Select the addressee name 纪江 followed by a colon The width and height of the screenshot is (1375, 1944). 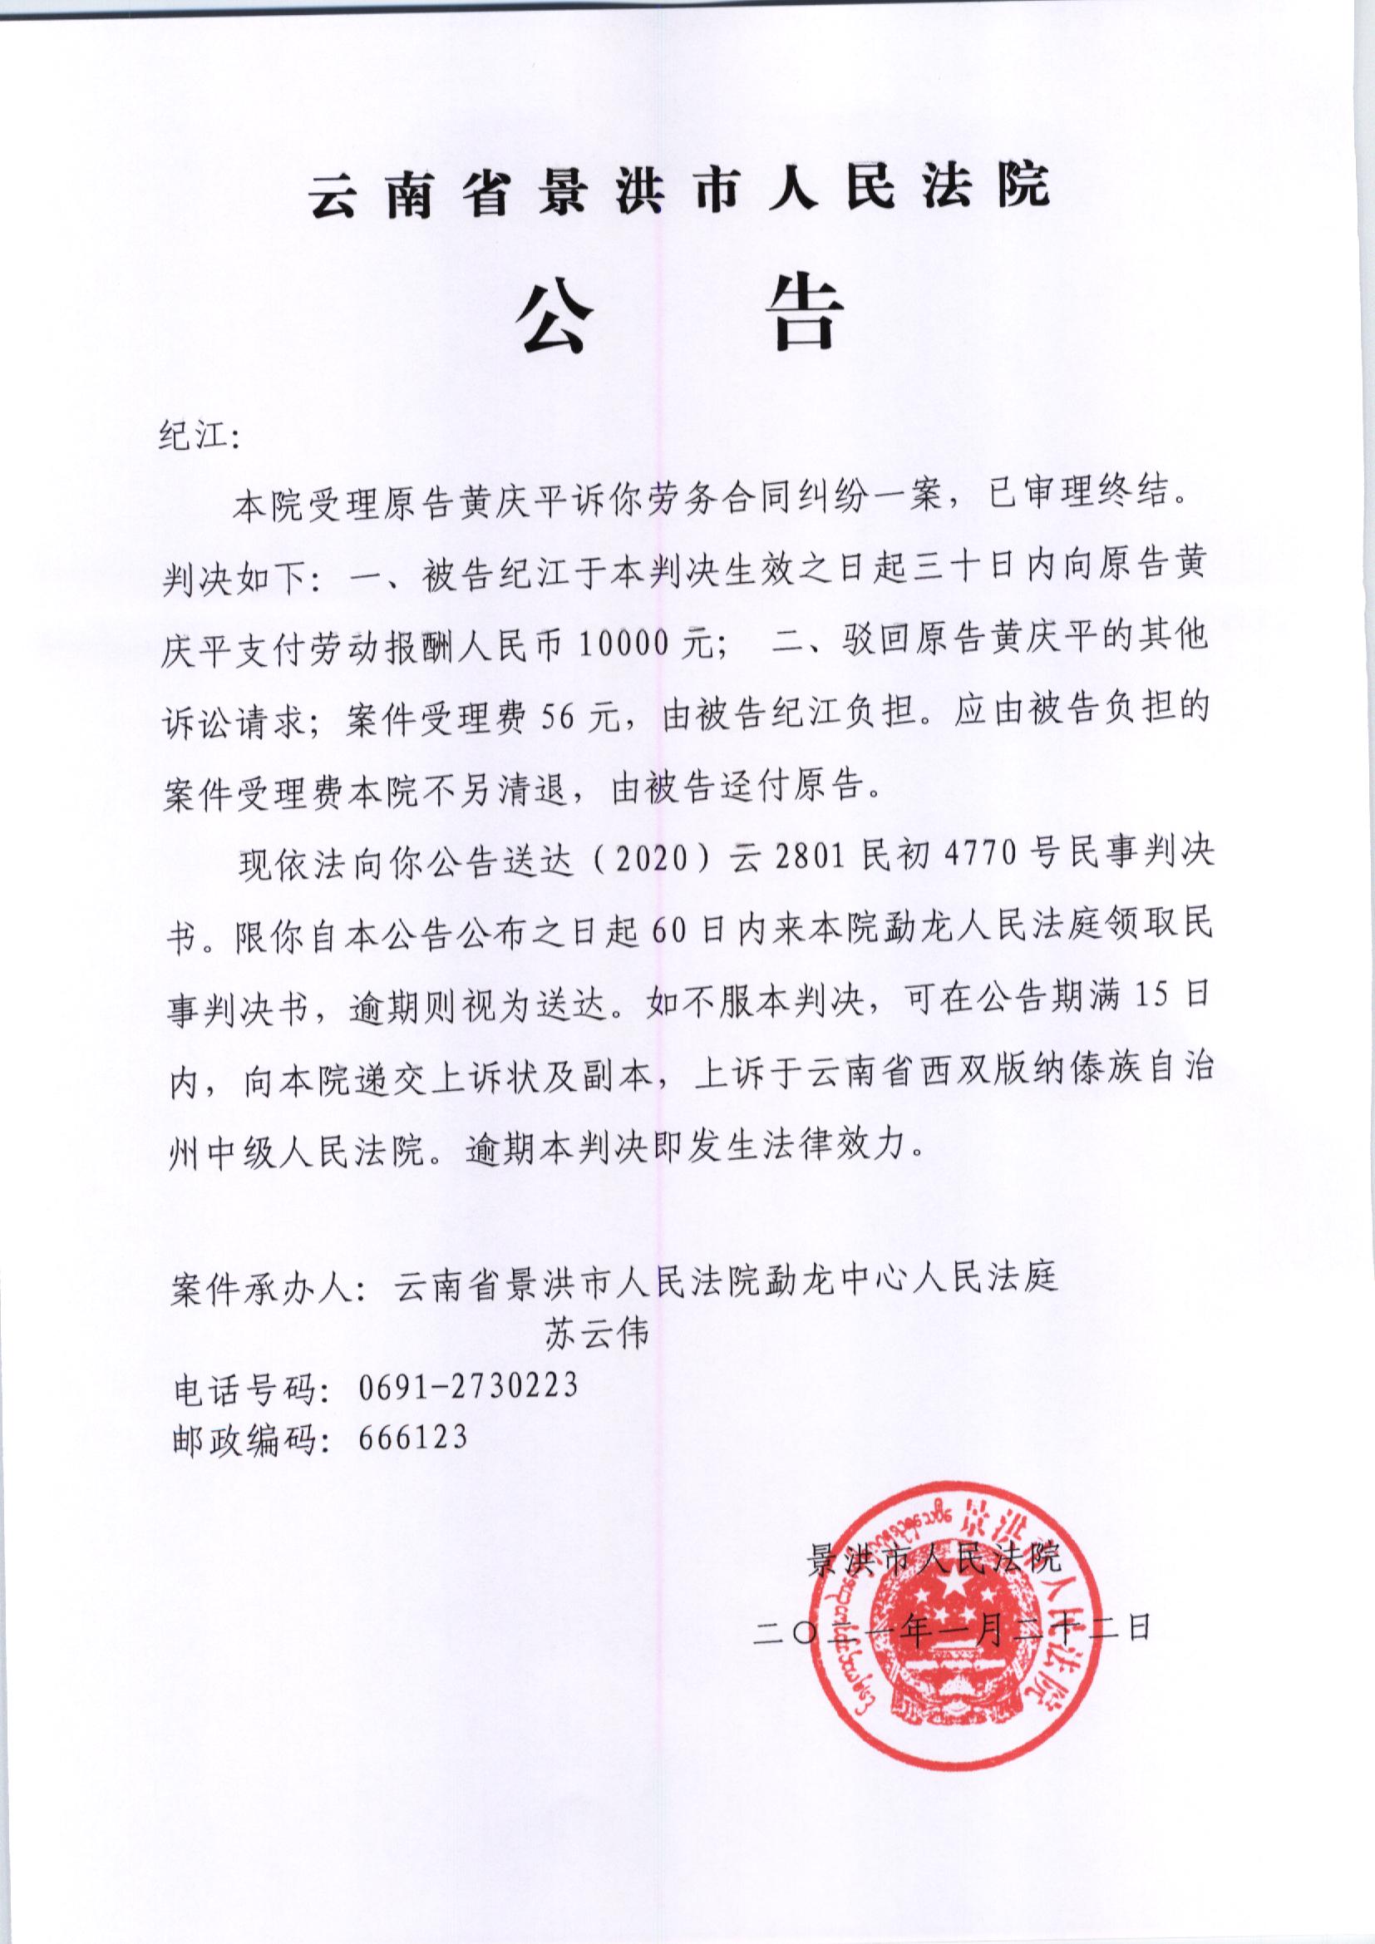click(200, 437)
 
